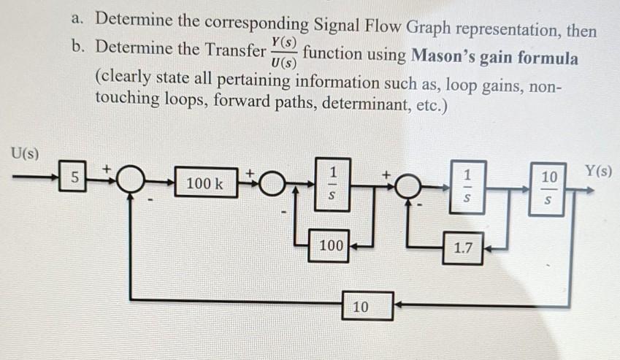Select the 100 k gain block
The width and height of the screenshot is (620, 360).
tap(204, 183)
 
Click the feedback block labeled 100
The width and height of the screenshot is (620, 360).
tap(331, 246)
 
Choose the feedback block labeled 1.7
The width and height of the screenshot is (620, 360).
tap(463, 248)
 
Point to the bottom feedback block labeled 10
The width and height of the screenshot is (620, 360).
tap(361, 307)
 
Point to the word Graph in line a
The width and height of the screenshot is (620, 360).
tap(425, 30)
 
